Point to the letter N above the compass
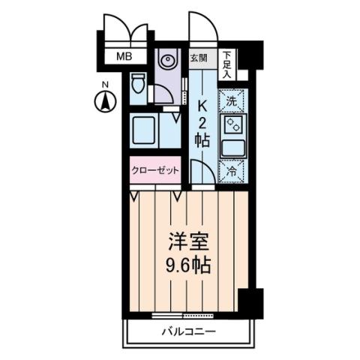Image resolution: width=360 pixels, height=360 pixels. (106, 83)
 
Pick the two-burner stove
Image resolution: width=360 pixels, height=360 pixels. (232, 123)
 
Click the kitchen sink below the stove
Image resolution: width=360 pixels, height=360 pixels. (232, 146)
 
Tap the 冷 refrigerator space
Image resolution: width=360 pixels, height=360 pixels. (232, 170)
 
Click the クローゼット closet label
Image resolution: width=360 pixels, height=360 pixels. (155, 170)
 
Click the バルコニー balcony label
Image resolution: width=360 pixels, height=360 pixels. (188, 331)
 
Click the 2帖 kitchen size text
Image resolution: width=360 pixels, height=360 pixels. (201, 130)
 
